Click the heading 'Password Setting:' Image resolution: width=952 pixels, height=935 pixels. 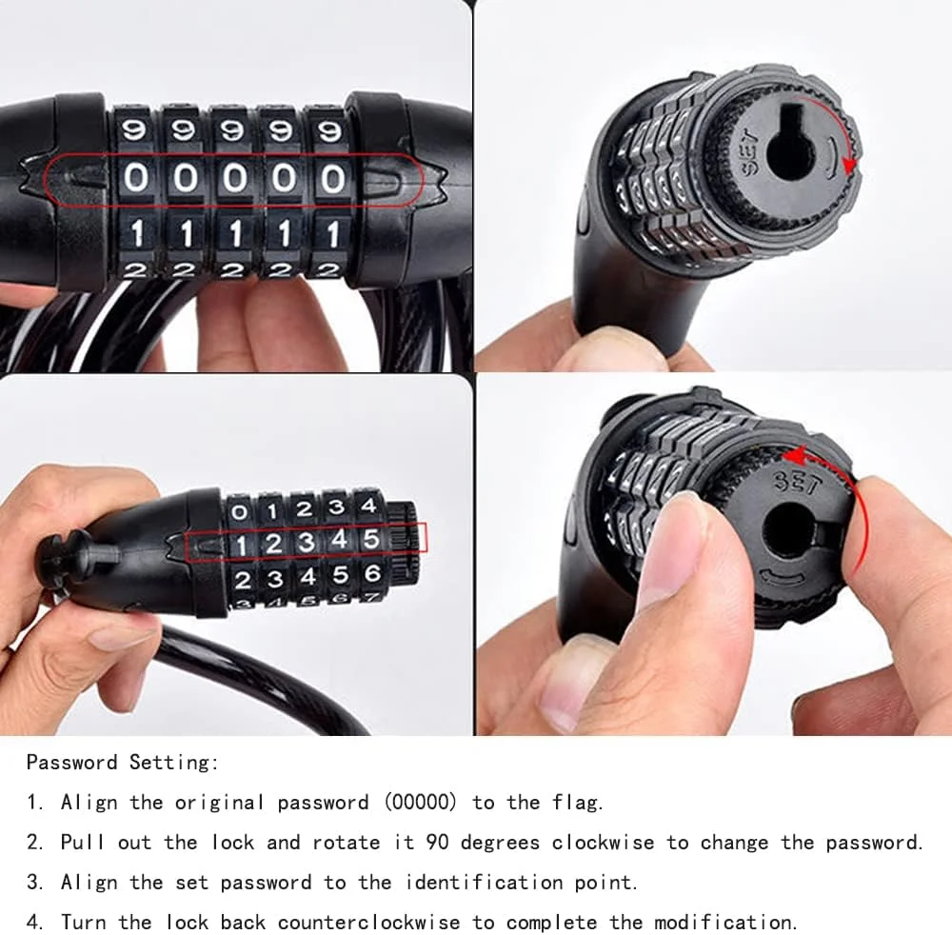click(x=122, y=763)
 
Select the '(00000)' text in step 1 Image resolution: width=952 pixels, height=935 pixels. click(x=420, y=802)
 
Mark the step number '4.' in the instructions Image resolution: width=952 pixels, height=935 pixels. click(x=35, y=922)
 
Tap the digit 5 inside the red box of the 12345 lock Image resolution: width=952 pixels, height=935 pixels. click(x=370, y=539)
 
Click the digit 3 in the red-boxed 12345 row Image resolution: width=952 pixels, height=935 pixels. click(x=306, y=542)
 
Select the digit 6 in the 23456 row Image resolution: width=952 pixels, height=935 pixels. click(x=372, y=574)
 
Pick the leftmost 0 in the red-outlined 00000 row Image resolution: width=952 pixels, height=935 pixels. click(x=135, y=178)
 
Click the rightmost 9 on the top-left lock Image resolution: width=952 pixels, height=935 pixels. click(x=329, y=130)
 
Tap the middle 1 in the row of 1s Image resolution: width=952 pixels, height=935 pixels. click(x=235, y=234)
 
